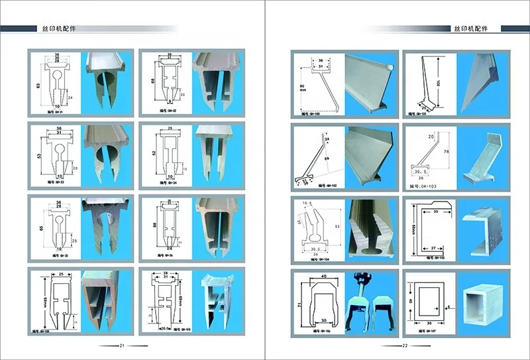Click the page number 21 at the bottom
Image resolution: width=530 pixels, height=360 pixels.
coord(122,345)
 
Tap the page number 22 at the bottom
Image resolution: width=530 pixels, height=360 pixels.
coord(405,345)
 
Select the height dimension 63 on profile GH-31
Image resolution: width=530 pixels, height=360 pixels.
coord(38,86)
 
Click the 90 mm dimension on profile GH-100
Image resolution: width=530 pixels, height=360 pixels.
coord(301,90)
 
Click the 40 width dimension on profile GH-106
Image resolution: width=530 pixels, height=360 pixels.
coord(323,277)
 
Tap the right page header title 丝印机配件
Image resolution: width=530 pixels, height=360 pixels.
coord(469,29)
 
